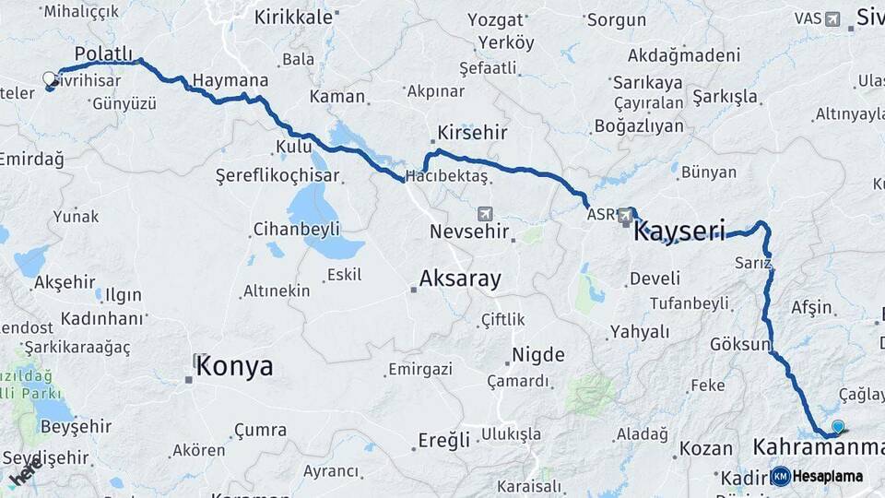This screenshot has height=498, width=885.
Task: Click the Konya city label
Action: [x=233, y=366]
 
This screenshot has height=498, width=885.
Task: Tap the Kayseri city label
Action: [x=679, y=230]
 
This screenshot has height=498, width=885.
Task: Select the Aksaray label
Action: [x=459, y=277]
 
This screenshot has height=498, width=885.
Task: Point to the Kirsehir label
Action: [x=473, y=133]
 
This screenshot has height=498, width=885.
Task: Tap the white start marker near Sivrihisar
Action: [x=50, y=80]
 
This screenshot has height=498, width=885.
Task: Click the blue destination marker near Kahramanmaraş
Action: [x=837, y=426]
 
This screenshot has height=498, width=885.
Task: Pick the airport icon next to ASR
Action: [x=627, y=215]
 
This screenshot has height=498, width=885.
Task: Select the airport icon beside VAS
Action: [x=833, y=18]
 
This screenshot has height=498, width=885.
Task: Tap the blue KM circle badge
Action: [x=781, y=476]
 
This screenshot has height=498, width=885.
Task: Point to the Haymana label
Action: [x=231, y=80]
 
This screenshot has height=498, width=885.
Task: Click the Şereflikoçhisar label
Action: [x=277, y=175]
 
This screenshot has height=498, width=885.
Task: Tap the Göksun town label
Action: [x=740, y=344]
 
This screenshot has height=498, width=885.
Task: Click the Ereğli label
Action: [x=444, y=439]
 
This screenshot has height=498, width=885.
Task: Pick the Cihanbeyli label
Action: [x=297, y=229]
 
